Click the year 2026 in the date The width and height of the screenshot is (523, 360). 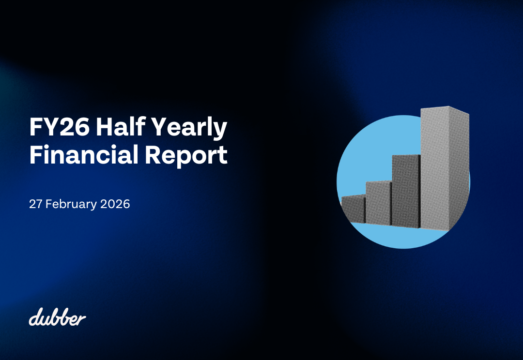tap(115, 204)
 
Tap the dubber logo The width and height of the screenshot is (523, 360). tap(57, 317)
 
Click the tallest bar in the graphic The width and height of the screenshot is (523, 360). tap(438, 169)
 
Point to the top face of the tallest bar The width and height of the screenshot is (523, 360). tap(443, 110)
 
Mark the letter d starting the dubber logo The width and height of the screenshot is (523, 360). tap(33, 318)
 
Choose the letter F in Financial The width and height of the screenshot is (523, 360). tap(35, 155)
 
